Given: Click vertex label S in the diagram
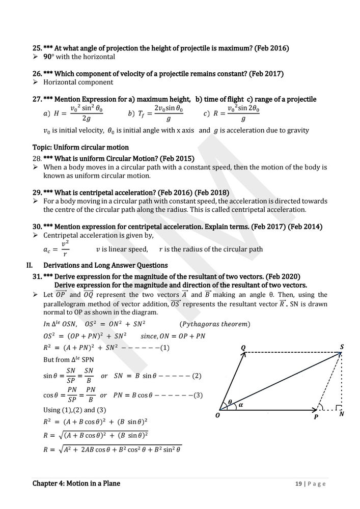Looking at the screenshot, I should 342,346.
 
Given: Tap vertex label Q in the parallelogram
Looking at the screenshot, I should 243,347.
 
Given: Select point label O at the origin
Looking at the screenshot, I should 217,415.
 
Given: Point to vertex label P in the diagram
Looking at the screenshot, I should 316,416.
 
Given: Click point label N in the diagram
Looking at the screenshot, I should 342,414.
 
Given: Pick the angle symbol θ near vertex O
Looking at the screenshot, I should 230,402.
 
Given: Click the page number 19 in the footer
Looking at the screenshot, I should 298,484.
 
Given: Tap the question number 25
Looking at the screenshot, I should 37,48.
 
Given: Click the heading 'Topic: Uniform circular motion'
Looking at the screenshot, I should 80,148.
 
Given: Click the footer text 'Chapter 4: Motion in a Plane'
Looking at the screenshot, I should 76,483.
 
